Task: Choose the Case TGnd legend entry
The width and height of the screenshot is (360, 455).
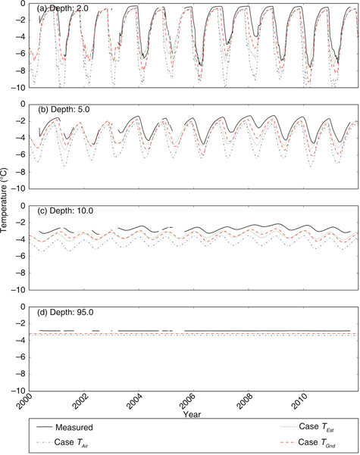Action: pos(303,443)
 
